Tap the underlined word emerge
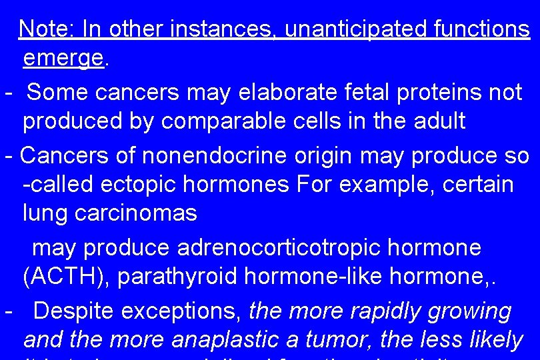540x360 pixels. point(63,59)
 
